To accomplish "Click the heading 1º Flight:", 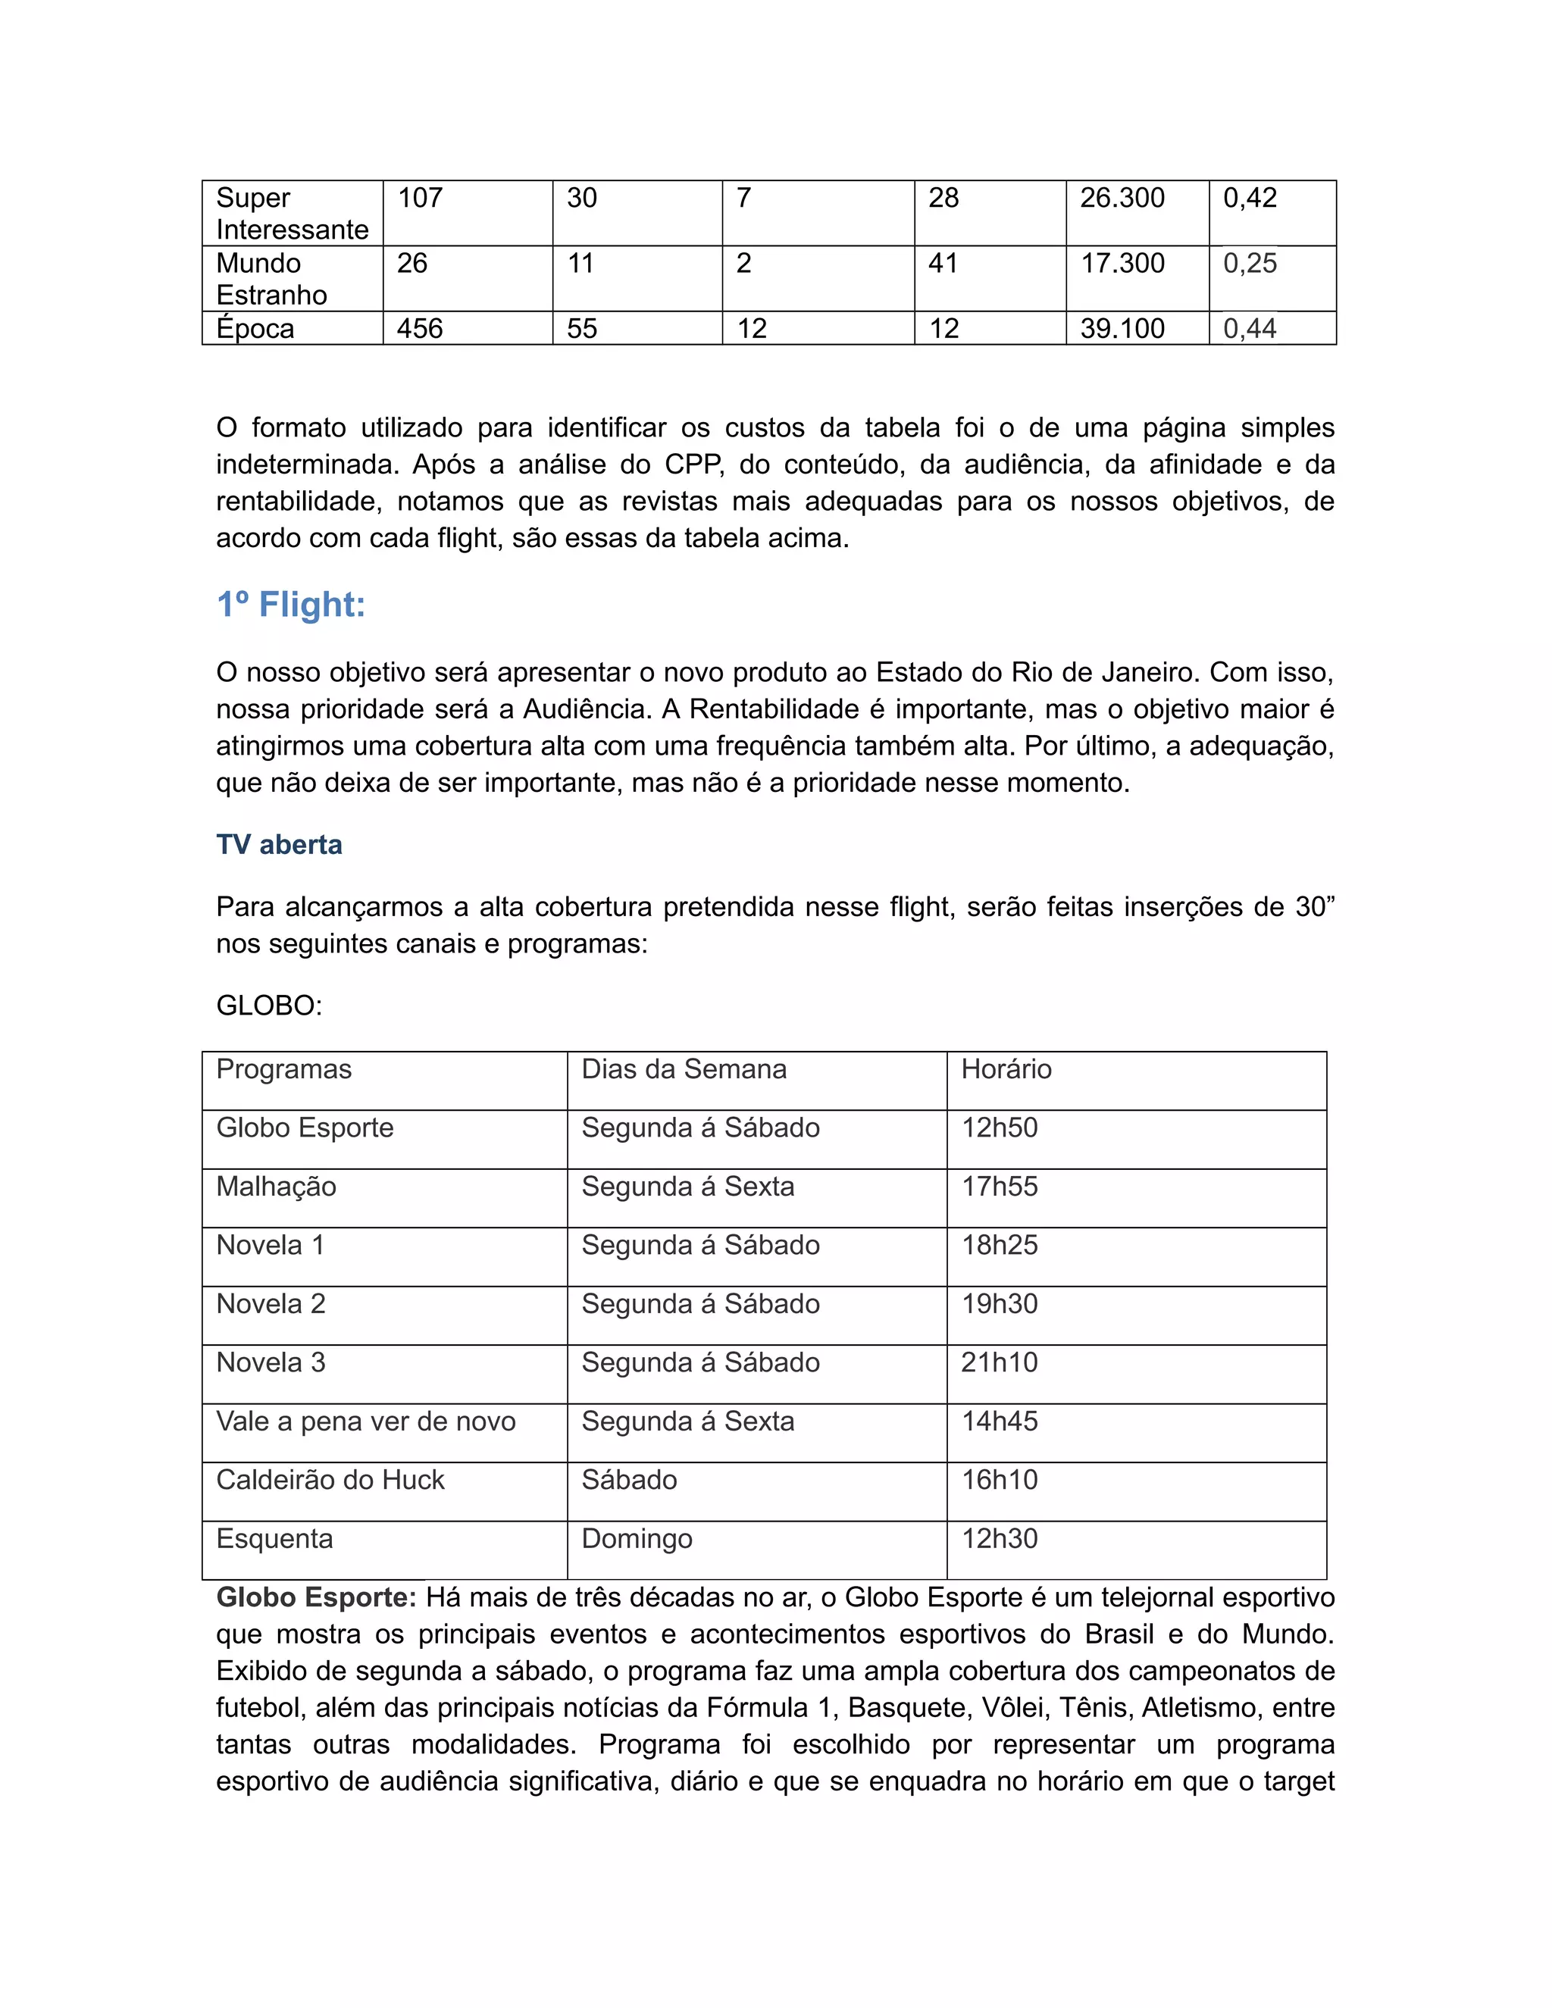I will (x=290, y=605).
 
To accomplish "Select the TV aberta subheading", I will (x=279, y=844).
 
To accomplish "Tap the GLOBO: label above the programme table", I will (x=268, y=1005).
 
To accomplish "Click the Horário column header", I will (x=1006, y=1069).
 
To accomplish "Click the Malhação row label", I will (x=276, y=1187).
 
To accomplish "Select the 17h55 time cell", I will (x=999, y=1187).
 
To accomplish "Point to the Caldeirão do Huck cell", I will (x=330, y=1481).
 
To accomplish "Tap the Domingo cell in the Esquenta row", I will (x=637, y=1539).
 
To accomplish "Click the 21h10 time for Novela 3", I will (x=999, y=1362).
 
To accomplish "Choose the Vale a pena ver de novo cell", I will (x=365, y=1422).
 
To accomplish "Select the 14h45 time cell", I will (x=999, y=1422).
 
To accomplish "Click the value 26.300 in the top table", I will (x=1122, y=198).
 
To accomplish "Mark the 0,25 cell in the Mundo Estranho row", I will (x=1250, y=264).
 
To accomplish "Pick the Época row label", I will (x=255, y=329).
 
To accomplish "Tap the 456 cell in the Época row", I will (x=419, y=329).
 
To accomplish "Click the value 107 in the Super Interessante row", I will (x=419, y=198).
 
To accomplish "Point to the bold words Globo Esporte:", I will (x=316, y=1598).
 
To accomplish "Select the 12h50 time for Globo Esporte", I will (x=999, y=1128).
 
